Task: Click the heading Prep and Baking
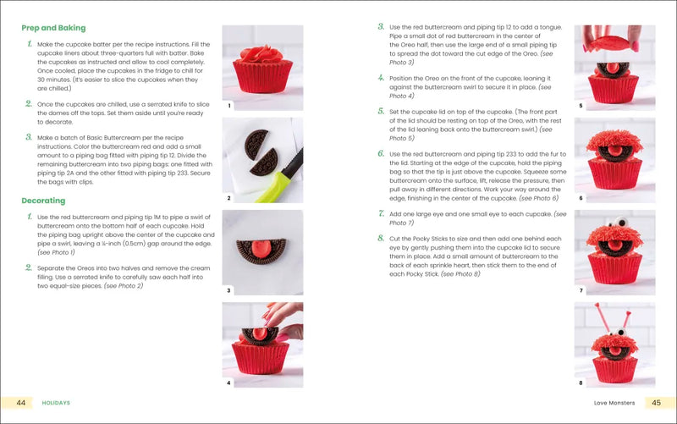tap(54, 28)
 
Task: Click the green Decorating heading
tap(43, 201)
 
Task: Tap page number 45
tap(657, 402)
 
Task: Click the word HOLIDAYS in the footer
tap(56, 403)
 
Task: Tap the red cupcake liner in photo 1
tap(263, 83)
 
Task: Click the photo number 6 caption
tap(581, 198)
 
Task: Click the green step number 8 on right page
tap(382, 239)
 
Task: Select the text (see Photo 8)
tap(460, 274)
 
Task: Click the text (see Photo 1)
tap(56, 252)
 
